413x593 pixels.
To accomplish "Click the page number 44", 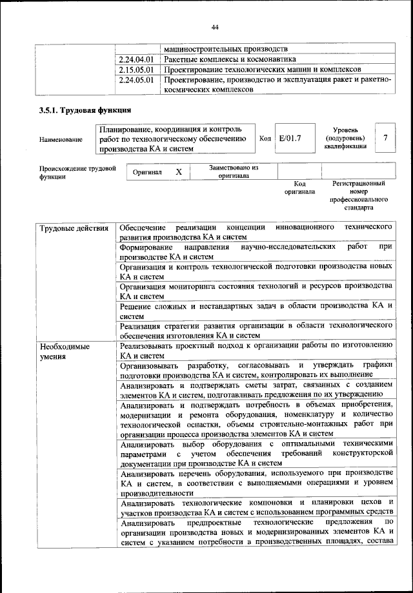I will (x=215, y=26).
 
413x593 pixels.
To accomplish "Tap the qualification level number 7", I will (x=385, y=138).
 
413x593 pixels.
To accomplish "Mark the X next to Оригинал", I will (x=179, y=172).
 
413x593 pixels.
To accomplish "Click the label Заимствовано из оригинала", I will (x=234, y=171).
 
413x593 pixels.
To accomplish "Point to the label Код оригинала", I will (x=299, y=188).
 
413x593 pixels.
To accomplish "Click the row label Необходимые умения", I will (x=65, y=351).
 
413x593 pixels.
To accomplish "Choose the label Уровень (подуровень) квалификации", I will (x=346, y=138).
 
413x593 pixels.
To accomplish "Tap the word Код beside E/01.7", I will (x=265, y=138).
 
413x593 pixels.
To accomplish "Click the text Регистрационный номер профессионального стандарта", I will (x=359, y=196).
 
